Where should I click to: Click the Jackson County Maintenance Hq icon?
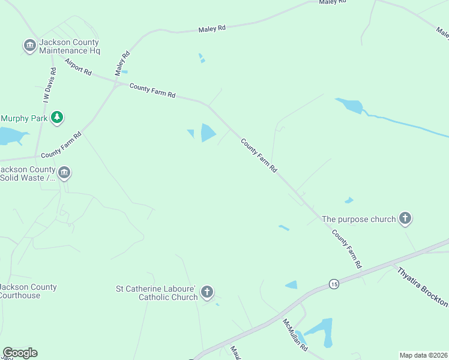tap(29, 46)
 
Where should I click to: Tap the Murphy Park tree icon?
tap(57, 118)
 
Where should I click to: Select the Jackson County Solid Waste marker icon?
tap(64, 173)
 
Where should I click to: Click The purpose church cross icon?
tap(405, 218)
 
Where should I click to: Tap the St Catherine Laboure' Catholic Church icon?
tap(206, 293)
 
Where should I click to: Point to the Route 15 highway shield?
tap(334, 283)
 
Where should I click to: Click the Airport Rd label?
tap(79, 67)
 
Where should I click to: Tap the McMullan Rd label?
tap(295, 335)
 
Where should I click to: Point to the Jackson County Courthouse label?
tap(29, 291)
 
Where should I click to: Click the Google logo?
tap(20, 353)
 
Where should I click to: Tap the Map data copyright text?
tap(423, 355)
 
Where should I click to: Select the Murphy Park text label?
tap(25, 118)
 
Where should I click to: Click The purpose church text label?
tap(359, 219)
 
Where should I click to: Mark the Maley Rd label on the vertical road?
tap(122, 63)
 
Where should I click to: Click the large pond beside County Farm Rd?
tap(208, 133)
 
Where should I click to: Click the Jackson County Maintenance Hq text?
tap(69, 46)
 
